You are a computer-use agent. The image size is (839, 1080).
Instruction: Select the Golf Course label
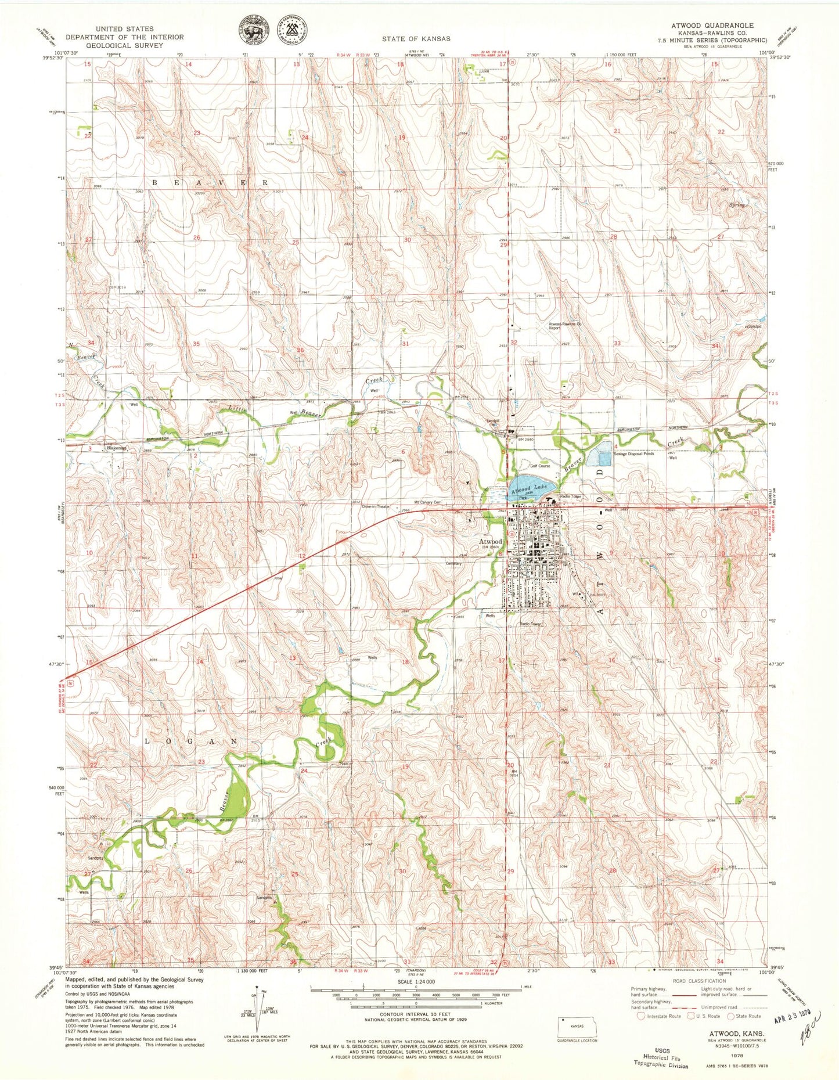click(x=539, y=466)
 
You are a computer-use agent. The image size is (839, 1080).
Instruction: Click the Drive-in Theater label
click(x=376, y=507)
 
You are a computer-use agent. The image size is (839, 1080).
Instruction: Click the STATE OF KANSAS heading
click(x=416, y=39)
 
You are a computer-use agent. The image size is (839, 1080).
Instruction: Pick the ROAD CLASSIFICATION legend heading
click(x=700, y=981)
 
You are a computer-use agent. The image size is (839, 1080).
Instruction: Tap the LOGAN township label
click(x=190, y=742)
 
